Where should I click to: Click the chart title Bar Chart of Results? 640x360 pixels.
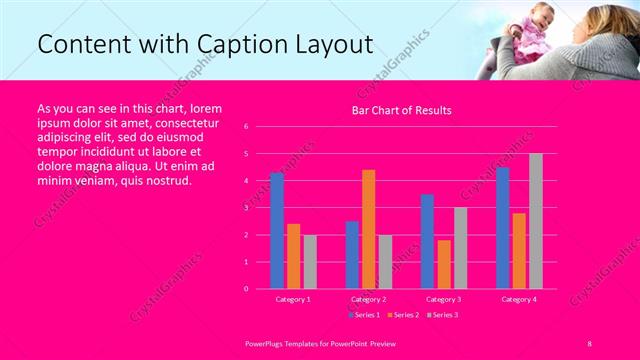pyautogui.click(x=401, y=110)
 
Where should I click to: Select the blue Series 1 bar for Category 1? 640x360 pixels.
pyautogui.click(x=277, y=231)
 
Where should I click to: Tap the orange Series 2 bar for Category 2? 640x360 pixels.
pyautogui.click(x=368, y=229)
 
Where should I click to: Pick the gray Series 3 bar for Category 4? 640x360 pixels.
pyautogui.click(x=536, y=221)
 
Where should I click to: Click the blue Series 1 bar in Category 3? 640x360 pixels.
pyautogui.click(x=427, y=241)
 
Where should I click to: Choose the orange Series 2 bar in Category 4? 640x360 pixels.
pyautogui.click(x=519, y=251)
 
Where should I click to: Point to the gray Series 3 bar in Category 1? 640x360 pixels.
pyautogui.click(x=310, y=262)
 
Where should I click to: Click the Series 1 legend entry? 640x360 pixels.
pyautogui.click(x=363, y=315)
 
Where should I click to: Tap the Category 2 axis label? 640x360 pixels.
pyautogui.click(x=368, y=299)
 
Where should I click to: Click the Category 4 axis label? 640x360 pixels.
pyautogui.click(x=518, y=299)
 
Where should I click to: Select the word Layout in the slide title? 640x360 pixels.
pyautogui.click(x=333, y=45)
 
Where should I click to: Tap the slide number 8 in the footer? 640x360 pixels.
pyautogui.click(x=589, y=342)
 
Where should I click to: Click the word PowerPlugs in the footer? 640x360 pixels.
pyautogui.click(x=266, y=342)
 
